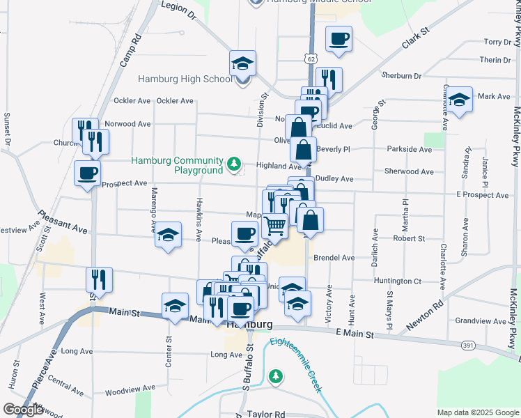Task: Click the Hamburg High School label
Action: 185,79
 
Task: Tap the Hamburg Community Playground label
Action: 177,165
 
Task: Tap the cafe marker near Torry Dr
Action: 339,40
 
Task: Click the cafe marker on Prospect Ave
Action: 88,173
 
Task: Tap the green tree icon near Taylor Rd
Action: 277,376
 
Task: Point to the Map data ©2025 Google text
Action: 477,412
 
